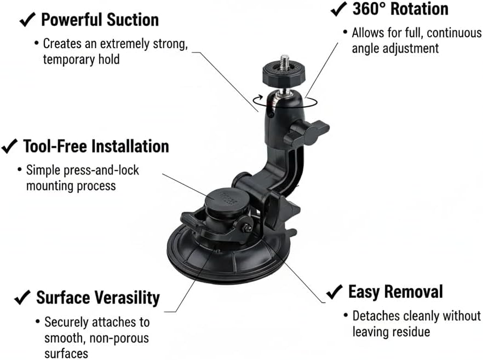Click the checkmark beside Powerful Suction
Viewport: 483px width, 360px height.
pos(27,20)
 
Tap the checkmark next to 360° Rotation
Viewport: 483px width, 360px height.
pos(338,9)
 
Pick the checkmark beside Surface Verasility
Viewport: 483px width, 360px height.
pos(22,298)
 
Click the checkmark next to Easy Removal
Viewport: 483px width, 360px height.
pos(334,292)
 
